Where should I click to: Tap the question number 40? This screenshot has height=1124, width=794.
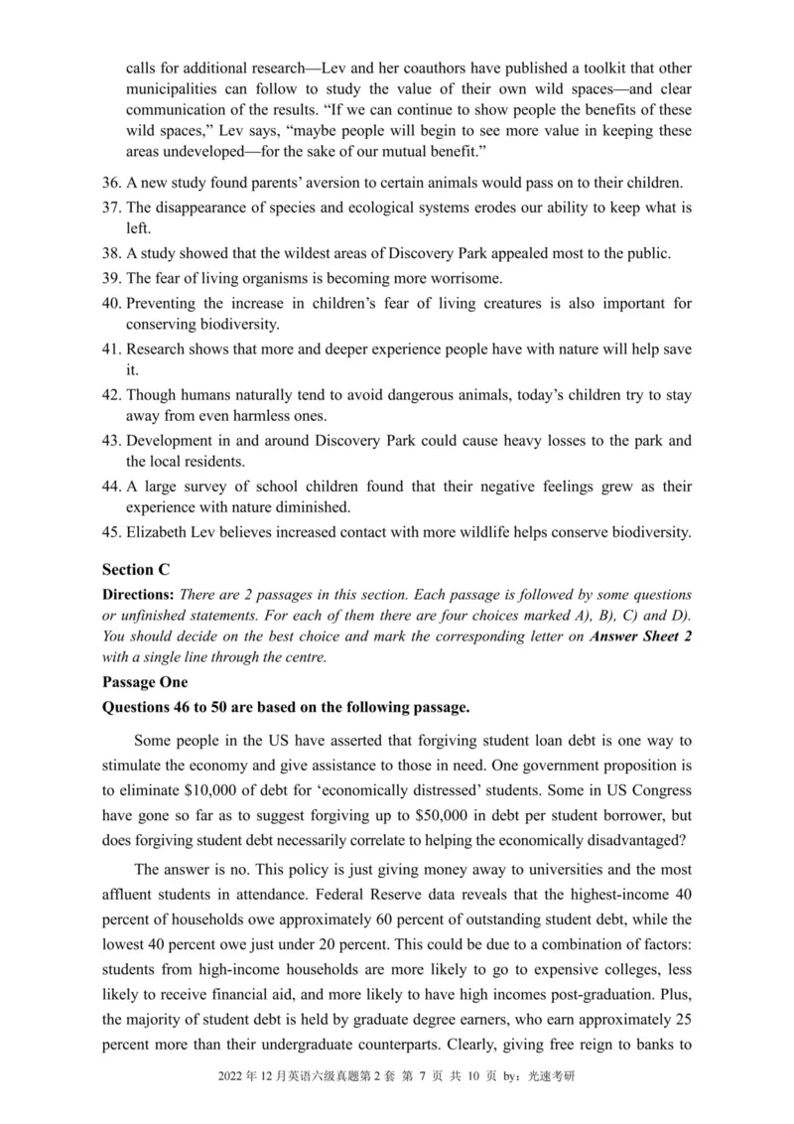click(111, 303)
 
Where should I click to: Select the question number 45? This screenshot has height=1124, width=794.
click(111, 532)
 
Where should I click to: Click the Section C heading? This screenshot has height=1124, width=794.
click(136, 569)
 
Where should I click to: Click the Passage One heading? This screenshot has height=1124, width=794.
click(145, 683)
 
